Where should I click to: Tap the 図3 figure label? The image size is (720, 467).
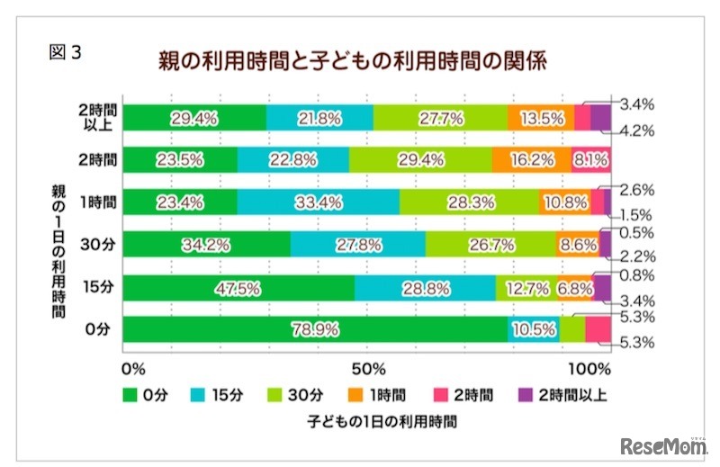tap(65, 52)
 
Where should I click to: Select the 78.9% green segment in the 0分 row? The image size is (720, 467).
tap(314, 329)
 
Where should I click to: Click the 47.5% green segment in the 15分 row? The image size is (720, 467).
tap(238, 287)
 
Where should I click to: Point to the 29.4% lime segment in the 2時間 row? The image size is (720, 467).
tap(420, 159)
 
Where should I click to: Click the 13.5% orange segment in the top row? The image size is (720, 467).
tap(540, 117)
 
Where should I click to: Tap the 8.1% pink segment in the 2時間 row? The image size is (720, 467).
tap(591, 159)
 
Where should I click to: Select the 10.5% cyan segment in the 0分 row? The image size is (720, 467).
tap(533, 329)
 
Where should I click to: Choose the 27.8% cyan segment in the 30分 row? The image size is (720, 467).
tap(358, 244)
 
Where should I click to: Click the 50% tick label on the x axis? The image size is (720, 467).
tap(368, 368)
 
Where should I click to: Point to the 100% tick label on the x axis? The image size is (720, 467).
tap(590, 368)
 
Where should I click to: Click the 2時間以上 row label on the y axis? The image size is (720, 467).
tap(95, 117)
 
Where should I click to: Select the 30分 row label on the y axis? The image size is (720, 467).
tap(96, 244)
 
